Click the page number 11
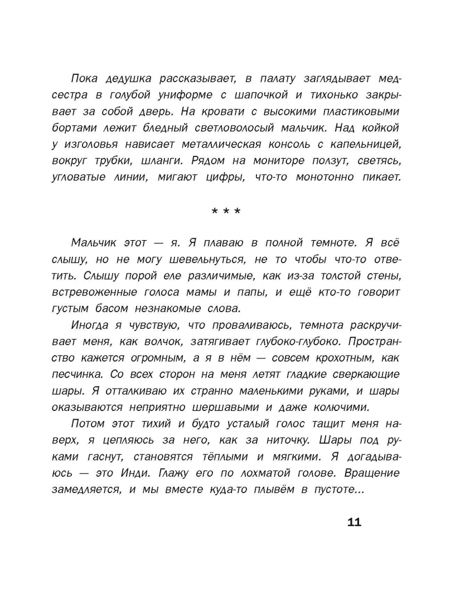pos(354,523)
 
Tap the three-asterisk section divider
pos(226,212)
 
